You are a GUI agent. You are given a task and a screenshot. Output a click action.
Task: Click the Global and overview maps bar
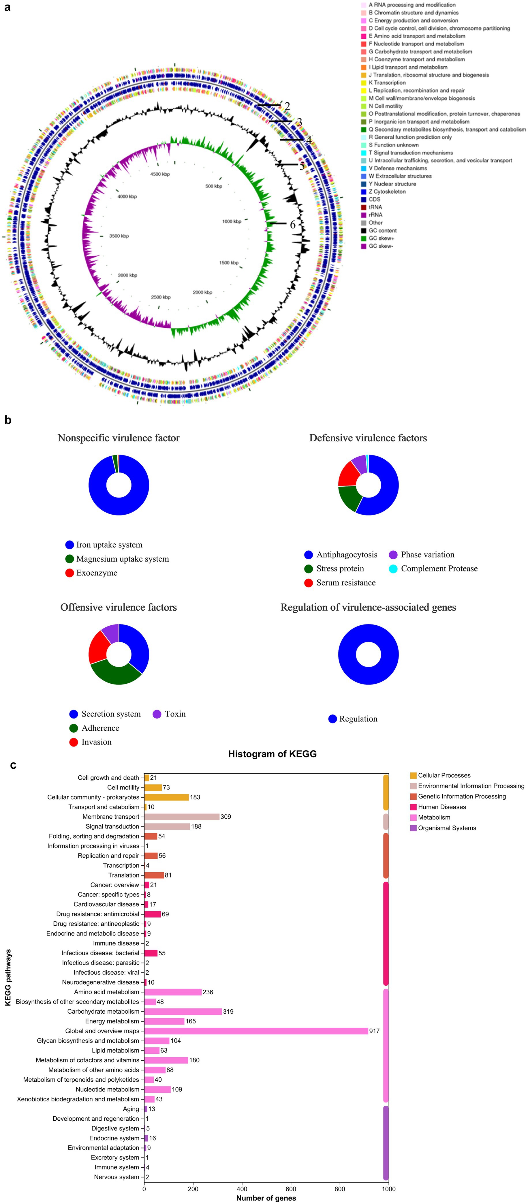click(x=256, y=1031)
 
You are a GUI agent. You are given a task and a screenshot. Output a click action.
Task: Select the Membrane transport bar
click(x=182, y=817)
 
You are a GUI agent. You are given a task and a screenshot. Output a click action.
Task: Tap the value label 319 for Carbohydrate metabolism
click(x=228, y=1011)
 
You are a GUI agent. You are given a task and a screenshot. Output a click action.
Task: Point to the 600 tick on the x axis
click(x=291, y=1189)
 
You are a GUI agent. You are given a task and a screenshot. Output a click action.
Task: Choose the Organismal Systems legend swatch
click(x=413, y=828)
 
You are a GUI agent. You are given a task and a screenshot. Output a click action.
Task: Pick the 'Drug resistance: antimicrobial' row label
click(x=98, y=914)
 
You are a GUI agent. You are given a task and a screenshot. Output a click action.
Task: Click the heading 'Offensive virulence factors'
click(x=119, y=607)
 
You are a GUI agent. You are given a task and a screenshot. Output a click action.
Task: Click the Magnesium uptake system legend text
click(x=123, y=559)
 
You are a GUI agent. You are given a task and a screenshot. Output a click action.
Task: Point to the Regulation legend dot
click(x=333, y=719)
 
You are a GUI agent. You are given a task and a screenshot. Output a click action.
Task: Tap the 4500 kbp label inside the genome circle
click(x=160, y=174)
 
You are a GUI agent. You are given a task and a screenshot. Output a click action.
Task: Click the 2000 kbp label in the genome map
click(x=202, y=292)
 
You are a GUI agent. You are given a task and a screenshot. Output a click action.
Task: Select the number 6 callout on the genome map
click(x=292, y=225)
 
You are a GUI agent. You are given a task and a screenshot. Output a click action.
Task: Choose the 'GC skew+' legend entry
click(x=381, y=238)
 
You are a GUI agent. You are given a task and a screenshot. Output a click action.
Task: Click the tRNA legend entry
click(x=375, y=207)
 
